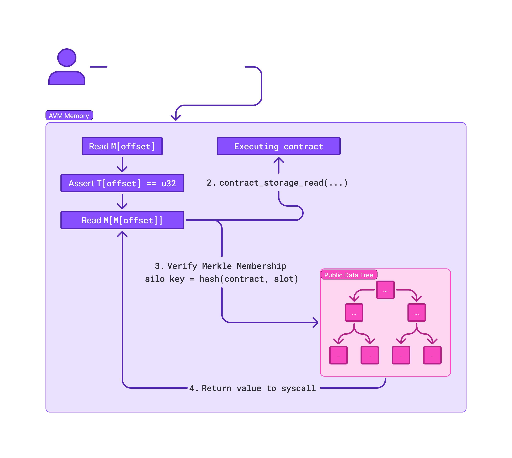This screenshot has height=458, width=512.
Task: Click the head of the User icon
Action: point(67,58)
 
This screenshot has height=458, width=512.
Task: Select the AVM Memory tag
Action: point(69,116)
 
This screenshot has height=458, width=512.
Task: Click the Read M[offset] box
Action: point(122,146)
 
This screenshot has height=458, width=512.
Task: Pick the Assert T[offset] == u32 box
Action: point(122,183)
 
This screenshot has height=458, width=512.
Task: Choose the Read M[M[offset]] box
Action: point(122,220)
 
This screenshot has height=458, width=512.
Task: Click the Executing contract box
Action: point(279,146)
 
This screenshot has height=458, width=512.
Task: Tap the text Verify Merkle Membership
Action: point(226,266)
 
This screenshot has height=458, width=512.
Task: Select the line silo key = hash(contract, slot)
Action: point(221,279)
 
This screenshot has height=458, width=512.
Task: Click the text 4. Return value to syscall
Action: point(252,388)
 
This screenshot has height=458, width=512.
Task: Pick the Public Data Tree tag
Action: point(349,275)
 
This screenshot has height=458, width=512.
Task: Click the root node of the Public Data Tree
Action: point(385,290)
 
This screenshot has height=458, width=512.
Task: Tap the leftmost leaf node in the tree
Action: point(338,355)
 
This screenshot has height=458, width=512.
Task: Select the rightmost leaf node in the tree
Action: point(432,355)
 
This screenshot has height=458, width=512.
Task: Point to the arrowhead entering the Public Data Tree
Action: point(316,322)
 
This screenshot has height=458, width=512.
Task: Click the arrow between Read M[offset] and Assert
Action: point(122,165)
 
